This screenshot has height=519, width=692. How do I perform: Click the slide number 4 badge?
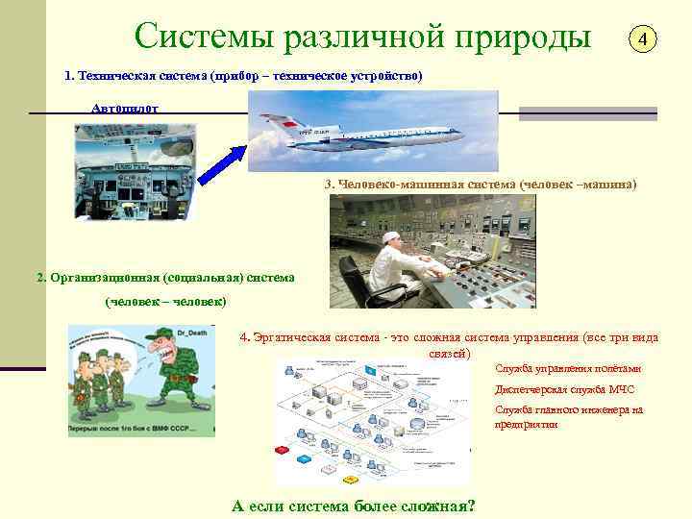(x=644, y=40)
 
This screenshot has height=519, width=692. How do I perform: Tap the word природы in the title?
(x=523, y=37)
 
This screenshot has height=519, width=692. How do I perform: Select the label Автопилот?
(x=119, y=109)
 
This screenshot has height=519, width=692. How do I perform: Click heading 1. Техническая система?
(x=243, y=75)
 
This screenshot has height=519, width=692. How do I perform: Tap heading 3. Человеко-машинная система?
(x=481, y=183)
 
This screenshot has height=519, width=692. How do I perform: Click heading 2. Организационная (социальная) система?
(x=165, y=278)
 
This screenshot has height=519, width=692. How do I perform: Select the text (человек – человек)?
(x=166, y=302)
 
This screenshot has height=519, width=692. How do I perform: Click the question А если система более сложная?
(x=354, y=506)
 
